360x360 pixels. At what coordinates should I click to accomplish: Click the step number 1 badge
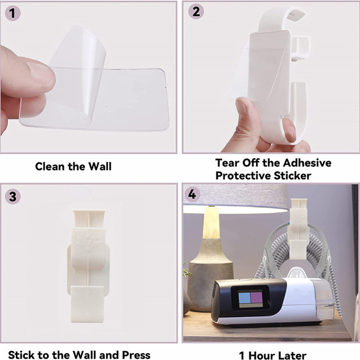pos(13,13)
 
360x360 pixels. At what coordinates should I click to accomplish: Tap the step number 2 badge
pos(196,11)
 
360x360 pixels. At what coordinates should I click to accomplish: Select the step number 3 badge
pos(13,197)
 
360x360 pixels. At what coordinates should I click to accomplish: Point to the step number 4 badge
pos(192,194)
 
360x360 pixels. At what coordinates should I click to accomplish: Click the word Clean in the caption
pos(50,166)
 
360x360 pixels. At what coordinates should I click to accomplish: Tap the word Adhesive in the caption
pos(307,163)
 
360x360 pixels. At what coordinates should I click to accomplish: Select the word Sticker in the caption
pos(292,176)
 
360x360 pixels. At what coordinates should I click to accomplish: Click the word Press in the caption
pos(136,355)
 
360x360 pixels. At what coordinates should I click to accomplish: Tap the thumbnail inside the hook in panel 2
pos(289,129)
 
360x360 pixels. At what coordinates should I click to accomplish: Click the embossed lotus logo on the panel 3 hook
pos(87,243)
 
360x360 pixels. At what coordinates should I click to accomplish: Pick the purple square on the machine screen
pos(256,297)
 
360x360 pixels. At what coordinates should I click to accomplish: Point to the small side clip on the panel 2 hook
pos(301,49)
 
